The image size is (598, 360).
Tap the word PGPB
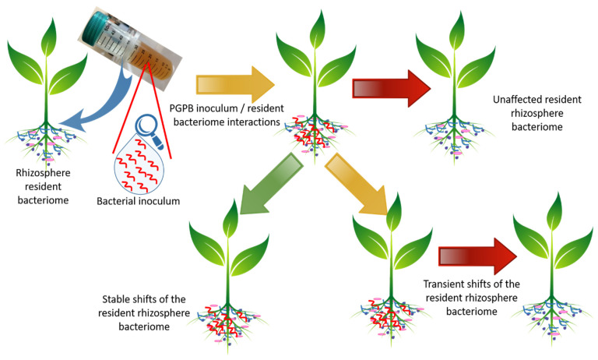pos(183,107)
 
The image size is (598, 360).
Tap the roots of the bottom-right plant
pos(553,312)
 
